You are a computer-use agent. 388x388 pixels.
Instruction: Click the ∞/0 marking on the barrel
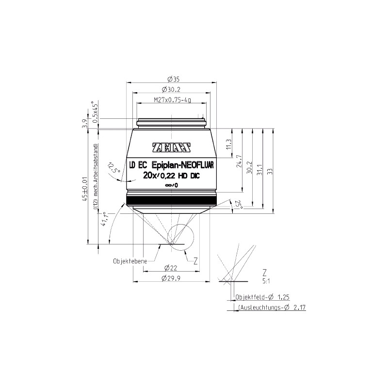[x=171, y=185]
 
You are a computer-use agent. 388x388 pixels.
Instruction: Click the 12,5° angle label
[x=114, y=167]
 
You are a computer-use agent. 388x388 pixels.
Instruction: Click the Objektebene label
[x=129, y=260]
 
